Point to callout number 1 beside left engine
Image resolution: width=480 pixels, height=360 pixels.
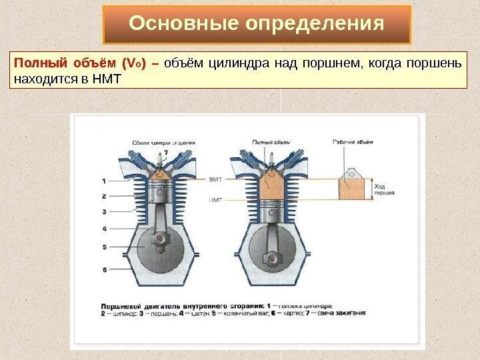(x=104, y=181)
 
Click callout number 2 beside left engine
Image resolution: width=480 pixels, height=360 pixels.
(x=104, y=196)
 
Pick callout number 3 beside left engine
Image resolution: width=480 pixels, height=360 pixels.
(x=104, y=212)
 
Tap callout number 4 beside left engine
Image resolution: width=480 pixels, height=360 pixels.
(x=104, y=229)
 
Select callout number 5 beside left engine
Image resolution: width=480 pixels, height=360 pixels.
(x=104, y=247)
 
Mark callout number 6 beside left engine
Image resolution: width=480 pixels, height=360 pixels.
(x=104, y=269)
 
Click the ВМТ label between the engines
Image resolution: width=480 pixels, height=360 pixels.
(x=215, y=180)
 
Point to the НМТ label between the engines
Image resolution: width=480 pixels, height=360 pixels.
(x=215, y=199)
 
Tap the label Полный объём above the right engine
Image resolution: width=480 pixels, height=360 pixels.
(x=270, y=142)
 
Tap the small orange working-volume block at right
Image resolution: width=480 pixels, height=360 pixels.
(x=352, y=189)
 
